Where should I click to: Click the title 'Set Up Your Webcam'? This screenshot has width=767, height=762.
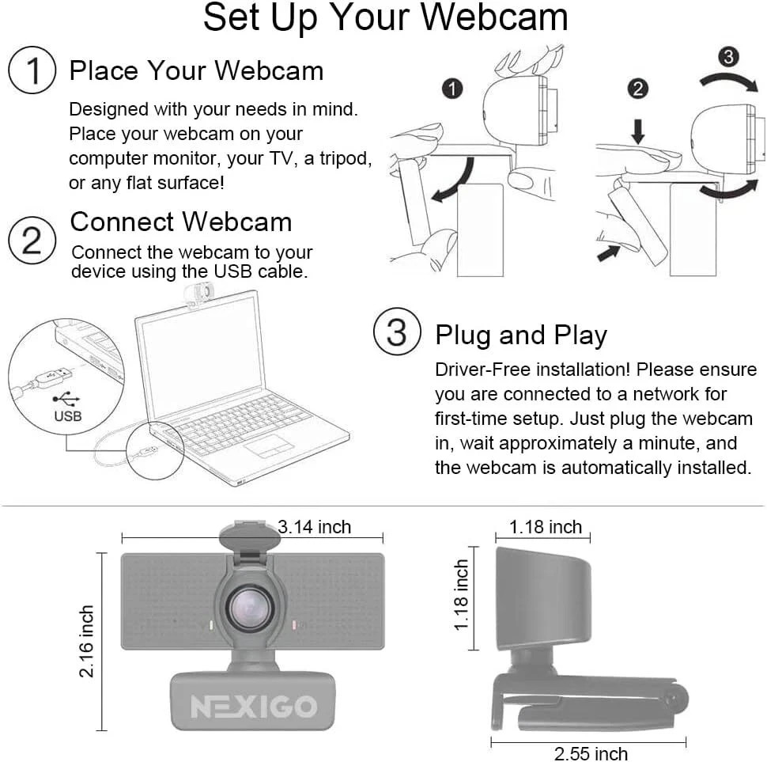tap(385, 19)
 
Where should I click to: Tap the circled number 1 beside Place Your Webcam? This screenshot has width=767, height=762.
tap(32, 71)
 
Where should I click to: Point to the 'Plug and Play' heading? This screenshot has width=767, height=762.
tap(521, 335)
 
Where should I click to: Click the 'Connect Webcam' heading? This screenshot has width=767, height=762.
tap(181, 222)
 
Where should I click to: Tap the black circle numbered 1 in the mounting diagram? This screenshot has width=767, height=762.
tap(452, 89)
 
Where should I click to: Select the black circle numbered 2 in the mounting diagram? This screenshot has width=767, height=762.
tap(637, 89)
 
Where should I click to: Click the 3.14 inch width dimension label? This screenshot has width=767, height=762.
tap(315, 526)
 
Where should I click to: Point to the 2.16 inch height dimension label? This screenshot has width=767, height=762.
tap(87, 641)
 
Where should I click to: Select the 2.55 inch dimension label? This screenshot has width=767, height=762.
tap(591, 753)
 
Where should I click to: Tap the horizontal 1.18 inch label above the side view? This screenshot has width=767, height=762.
tap(546, 526)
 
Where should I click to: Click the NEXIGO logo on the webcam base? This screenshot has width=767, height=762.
tap(253, 706)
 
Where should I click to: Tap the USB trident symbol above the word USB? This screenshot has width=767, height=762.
tap(66, 399)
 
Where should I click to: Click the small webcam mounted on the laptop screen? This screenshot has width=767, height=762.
tap(198, 294)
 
